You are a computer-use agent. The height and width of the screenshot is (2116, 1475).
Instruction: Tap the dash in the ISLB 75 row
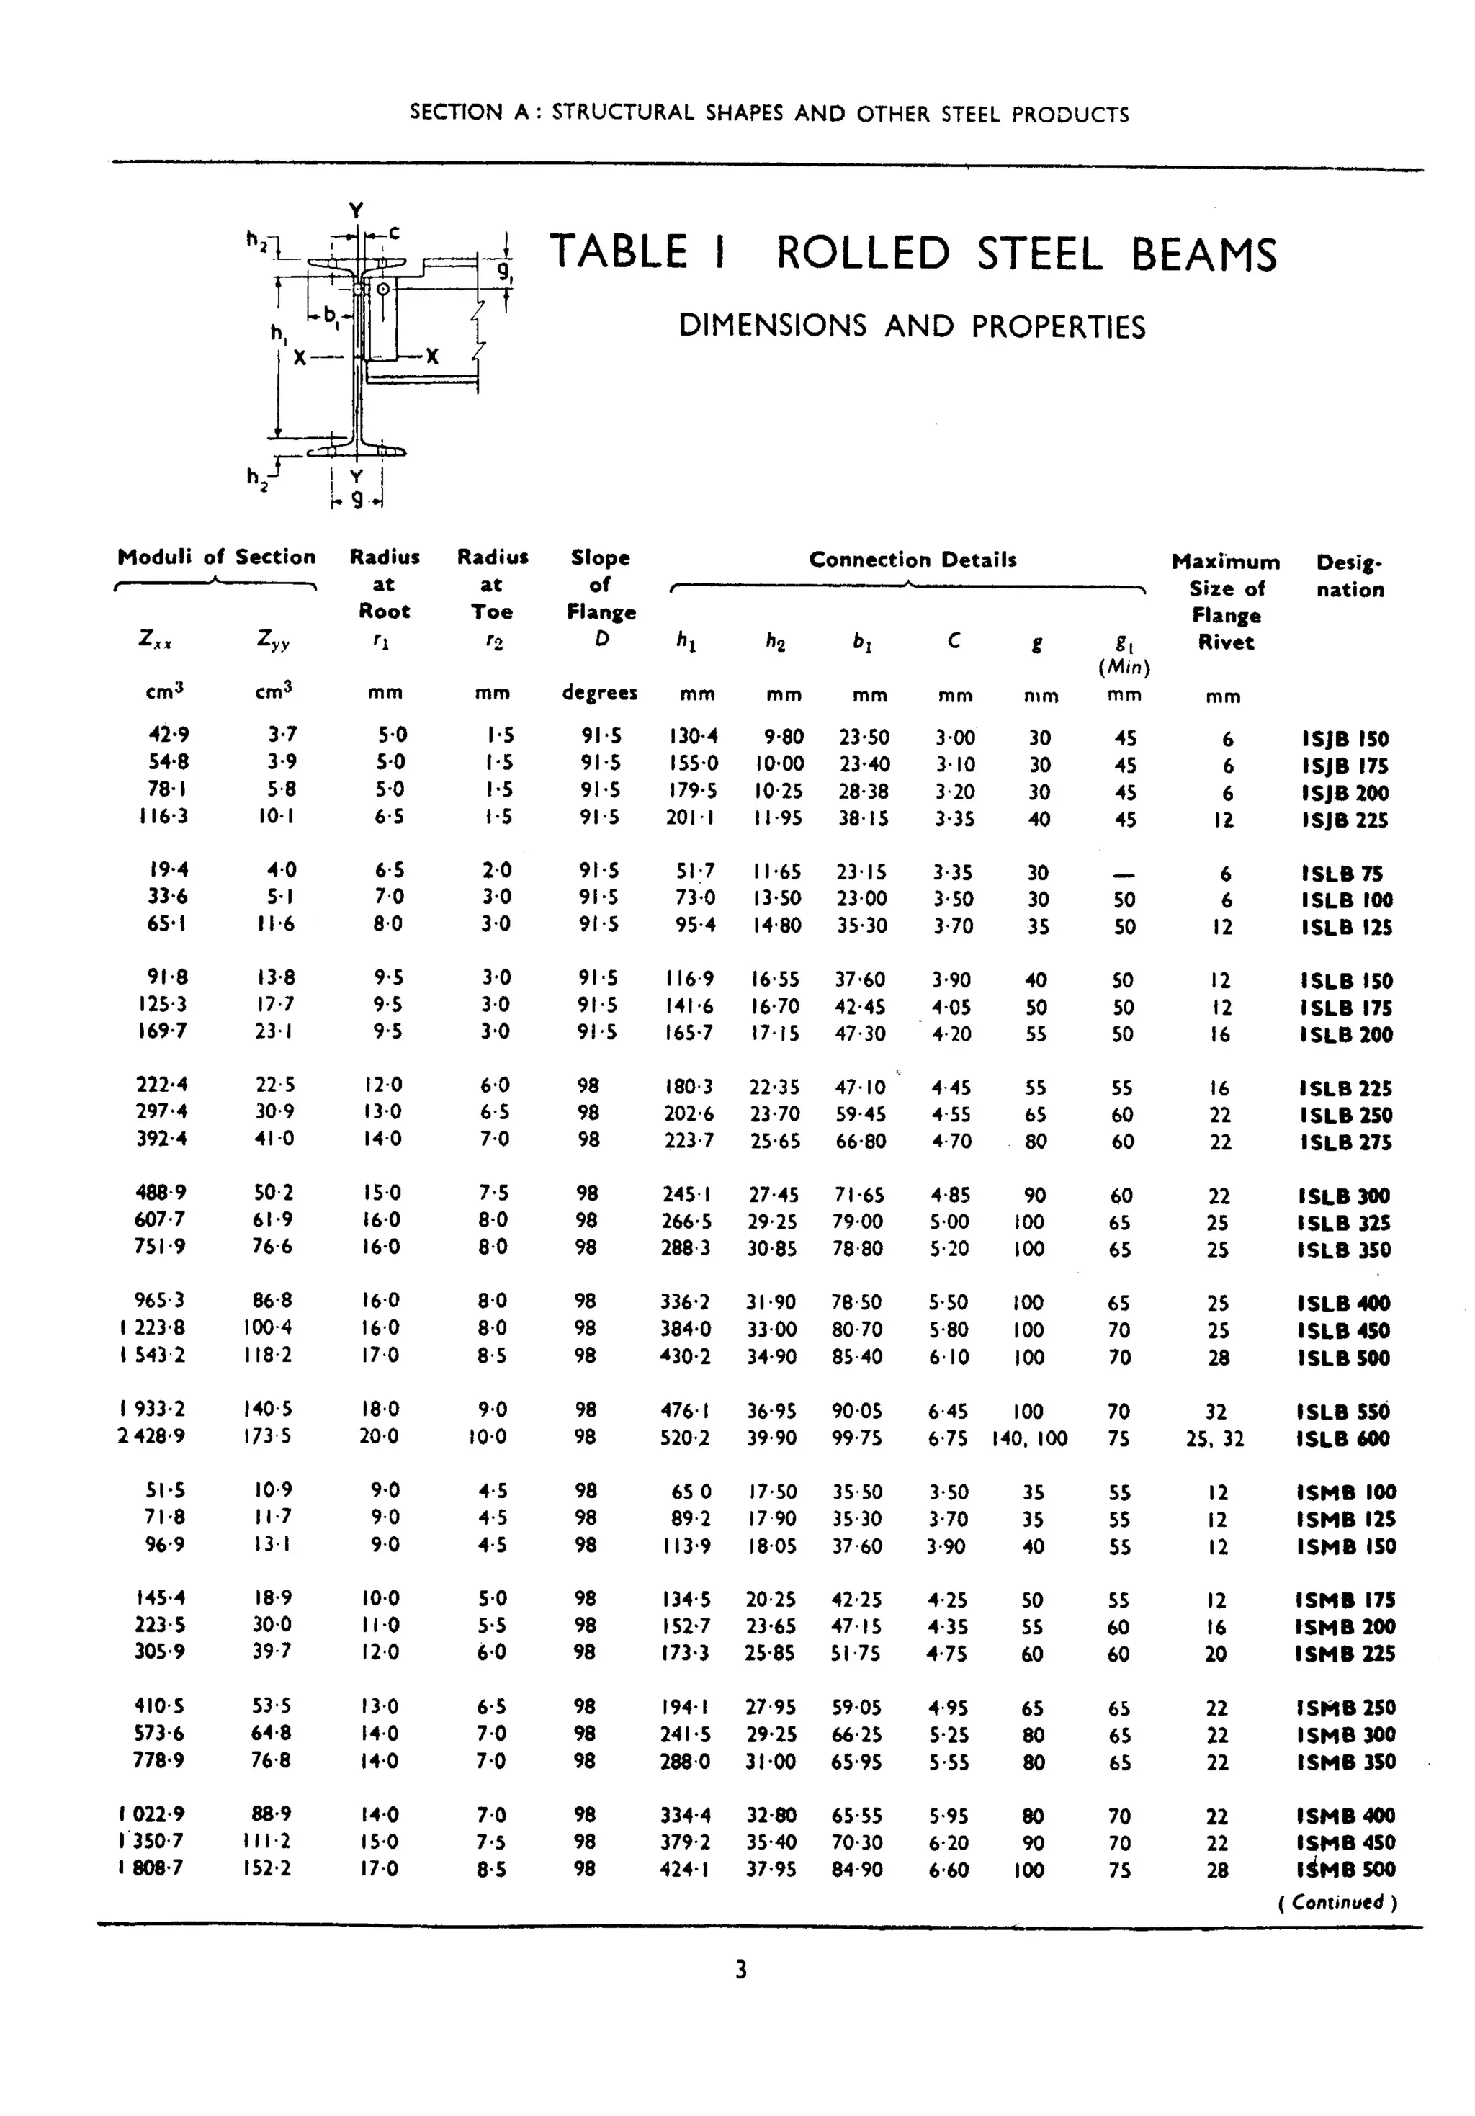coord(1124,874)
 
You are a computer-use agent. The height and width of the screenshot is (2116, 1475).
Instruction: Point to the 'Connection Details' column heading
coord(912,560)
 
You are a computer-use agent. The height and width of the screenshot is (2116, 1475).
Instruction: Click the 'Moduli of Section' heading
coord(216,557)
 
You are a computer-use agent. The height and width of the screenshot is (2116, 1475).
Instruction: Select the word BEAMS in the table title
coord(1204,254)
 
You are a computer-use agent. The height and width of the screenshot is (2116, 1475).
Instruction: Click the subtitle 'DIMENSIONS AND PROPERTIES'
coord(912,326)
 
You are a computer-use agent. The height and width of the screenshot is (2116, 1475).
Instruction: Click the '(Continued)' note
coord(1337,1902)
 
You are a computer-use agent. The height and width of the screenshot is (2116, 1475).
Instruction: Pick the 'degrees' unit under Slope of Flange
coord(599,693)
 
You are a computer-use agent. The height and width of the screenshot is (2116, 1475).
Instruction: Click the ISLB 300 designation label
coord(1344,1196)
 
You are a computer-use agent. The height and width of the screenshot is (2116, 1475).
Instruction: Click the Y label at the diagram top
coord(356,211)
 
